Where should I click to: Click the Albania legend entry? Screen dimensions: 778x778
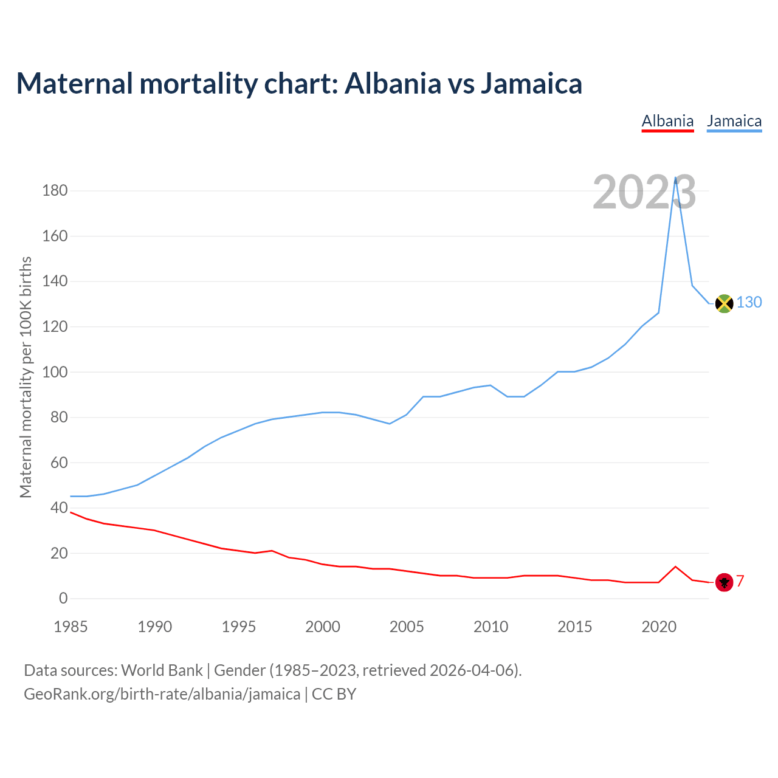click(667, 122)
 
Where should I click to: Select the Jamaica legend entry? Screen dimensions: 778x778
click(734, 122)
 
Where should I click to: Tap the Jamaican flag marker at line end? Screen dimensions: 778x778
click(724, 303)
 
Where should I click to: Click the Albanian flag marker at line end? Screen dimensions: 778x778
click(724, 582)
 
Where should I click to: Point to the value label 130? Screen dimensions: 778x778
click(749, 302)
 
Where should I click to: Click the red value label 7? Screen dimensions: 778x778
click(740, 581)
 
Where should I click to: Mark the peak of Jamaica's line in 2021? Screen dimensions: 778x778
click(675, 177)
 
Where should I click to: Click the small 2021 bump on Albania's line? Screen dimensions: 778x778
click(675, 566)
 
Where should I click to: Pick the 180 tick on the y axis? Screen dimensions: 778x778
click(55, 191)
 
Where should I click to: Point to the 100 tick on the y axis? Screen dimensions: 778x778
click(55, 372)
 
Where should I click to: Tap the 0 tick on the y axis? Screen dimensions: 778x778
click(63, 599)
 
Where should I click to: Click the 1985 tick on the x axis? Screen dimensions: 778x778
click(71, 627)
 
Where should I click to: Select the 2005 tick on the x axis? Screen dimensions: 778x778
click(407, 627)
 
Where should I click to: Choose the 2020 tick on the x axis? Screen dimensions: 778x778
click(659, 627)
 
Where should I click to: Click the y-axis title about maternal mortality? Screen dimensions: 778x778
click(26, 377)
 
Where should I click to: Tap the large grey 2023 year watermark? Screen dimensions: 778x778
click(644, 193)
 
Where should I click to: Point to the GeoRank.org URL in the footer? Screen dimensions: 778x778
click(162, 694)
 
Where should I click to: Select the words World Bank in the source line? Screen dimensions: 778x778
click(162, 670)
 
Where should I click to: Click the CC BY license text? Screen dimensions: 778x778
click(334, 694)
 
